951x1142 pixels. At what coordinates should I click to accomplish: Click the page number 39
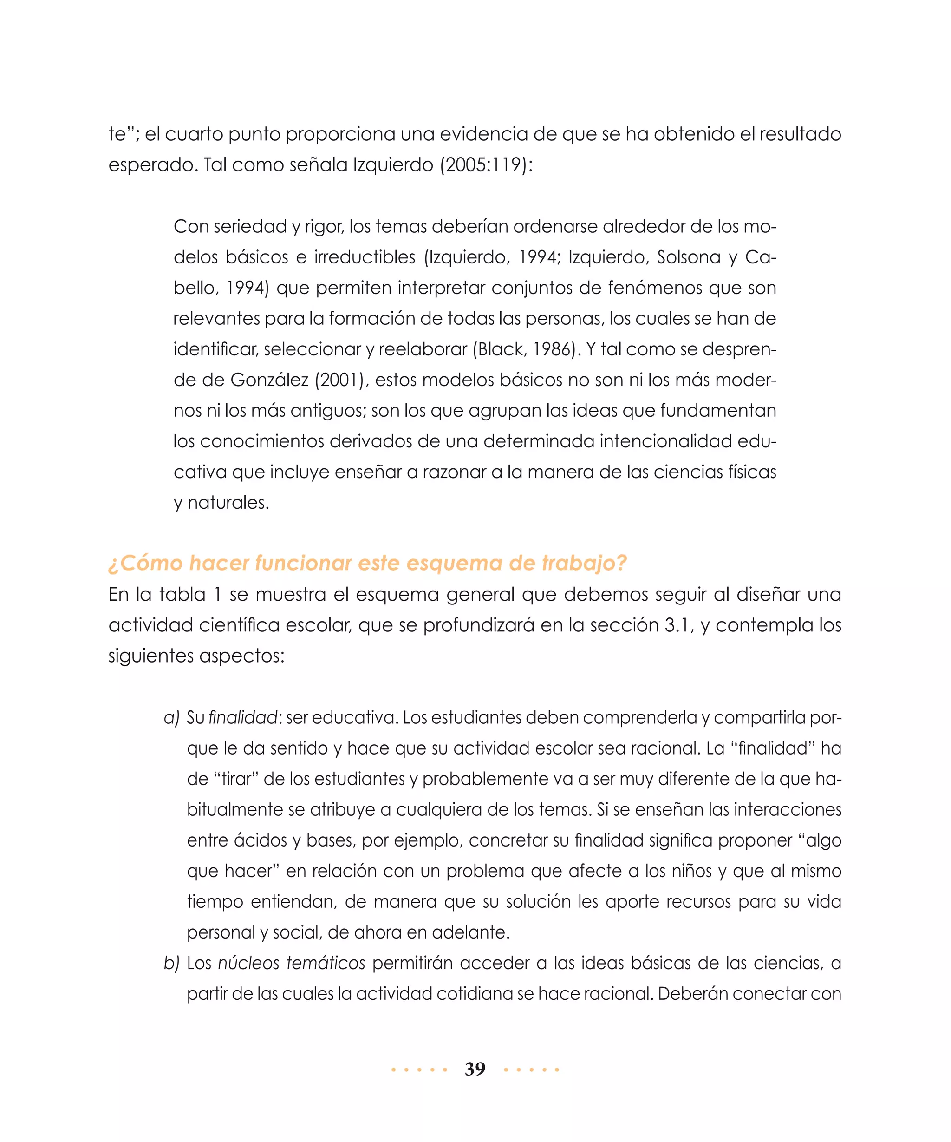[475, 1069]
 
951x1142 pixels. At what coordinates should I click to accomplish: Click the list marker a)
[171, 718]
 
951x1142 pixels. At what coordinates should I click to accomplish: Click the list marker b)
[171, 963]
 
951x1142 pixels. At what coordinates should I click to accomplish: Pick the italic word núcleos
[247, 963]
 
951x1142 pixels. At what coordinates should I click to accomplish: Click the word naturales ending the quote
[228, 503]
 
